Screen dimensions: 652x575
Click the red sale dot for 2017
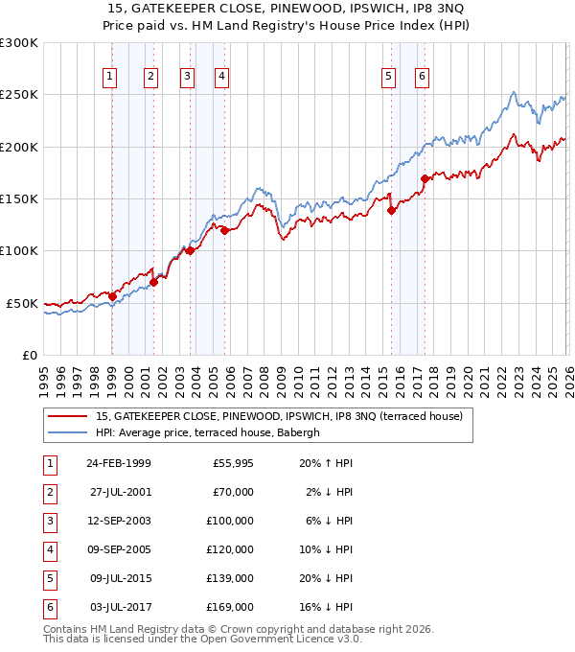(x=425, y=178)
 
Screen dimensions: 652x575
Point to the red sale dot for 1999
(x=112, y=296)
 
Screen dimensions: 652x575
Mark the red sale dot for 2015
(x=391, y=211)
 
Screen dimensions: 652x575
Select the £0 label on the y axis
(x=29, y=355)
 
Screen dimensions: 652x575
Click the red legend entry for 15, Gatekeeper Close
(x=279, y=416)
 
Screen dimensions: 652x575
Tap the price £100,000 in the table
(x=230, y=521)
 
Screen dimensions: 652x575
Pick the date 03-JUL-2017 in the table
(x=119, y=607)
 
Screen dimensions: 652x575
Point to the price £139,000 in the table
(x=230, y=578)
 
